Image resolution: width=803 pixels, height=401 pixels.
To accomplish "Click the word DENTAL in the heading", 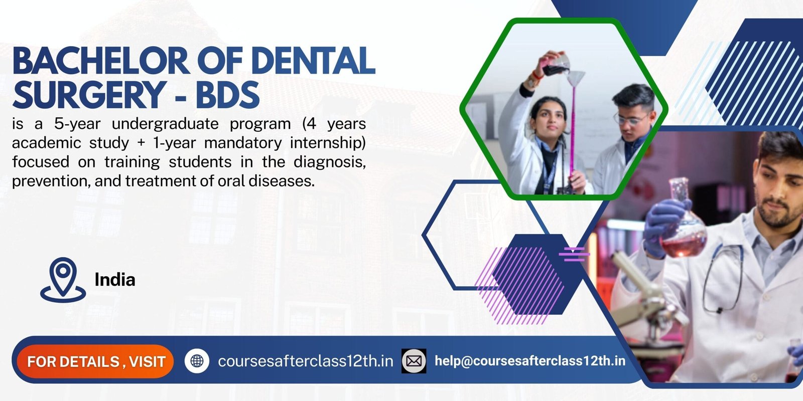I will pyautogui.click(x=313, y=61).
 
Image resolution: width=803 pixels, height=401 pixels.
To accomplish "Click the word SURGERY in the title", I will pyautogui.click(x=89, y=95).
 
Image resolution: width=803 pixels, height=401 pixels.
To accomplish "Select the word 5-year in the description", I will pyautogui.click(x=77, y=124).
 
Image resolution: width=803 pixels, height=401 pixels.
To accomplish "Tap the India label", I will pyautogui.click(x=115, y=280).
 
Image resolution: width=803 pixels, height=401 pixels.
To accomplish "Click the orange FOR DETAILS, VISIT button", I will pyautogui.click(x=95, y=361).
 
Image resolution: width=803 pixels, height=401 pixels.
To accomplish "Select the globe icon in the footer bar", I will pyautogui.click(x=197, y=361).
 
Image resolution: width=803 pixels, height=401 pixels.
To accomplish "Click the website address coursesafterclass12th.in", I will pyautogui.click(x=305, y=361).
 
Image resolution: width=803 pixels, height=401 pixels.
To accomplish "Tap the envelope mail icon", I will pyautogui.click(x=414, y=361).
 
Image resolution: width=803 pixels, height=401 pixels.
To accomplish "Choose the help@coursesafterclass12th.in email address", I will pyautogui.click(x=530, y=361).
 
